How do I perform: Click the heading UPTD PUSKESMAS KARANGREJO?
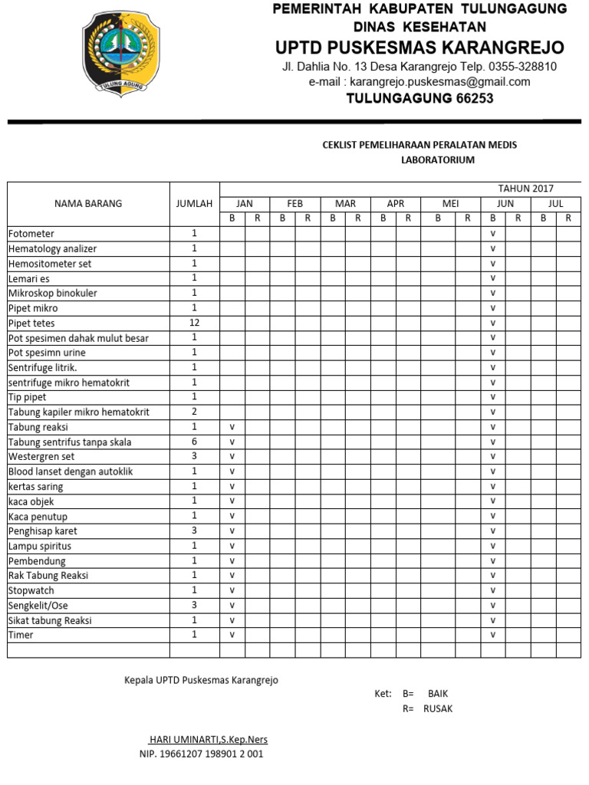pyautogui.click(x=420, y=48)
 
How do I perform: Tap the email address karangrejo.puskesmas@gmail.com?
pyautogui.click(x=420, y=82)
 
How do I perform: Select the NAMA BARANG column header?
pyautogui.click(x=88, y=204)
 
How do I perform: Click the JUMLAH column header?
pyautogui.click(x=194, y=204)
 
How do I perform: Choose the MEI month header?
pyautogui.click(x=450, y=204)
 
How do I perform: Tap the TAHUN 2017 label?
pyautogui.click(x=525, y=189)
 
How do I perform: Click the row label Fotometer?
pyautogui.click(x=31, y=234)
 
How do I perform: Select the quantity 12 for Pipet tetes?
pyautogui.click(x=194, y=323)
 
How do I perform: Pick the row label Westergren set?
pyautogui.click(x=41, y=457)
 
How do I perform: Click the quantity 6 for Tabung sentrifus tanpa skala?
pyautogui.click(x=194, y=442)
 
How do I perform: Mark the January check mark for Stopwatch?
pyautogui.click(x=232, y=590)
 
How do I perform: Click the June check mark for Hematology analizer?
pyautogui.click(x=493, y=248)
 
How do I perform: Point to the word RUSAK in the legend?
pyautogui.click(x=438, y=709)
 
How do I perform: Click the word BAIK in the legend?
pyautogui.click(x=437, y=694)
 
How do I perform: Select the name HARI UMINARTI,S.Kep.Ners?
pyautogui.click(x=208, y=740)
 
